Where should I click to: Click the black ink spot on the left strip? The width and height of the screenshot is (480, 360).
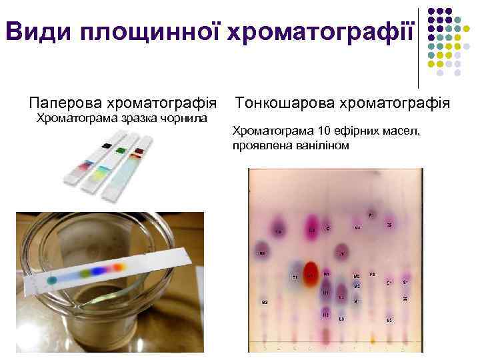click(x=107, y=145)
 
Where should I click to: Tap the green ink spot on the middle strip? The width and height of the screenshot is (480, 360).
click(x=121, y=150)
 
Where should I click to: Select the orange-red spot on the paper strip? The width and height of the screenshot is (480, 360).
click(x=119, y=266)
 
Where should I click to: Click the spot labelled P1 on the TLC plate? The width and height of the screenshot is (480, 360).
click(x=371, y=215)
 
